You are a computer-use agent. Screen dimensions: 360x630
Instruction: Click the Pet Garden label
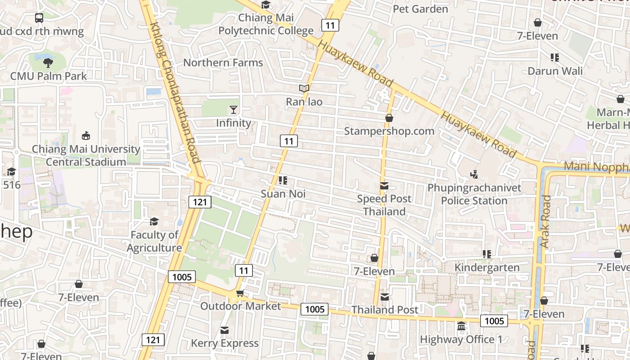(x=420, y=9)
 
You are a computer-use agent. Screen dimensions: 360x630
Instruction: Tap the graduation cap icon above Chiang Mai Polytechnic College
(x=266, y=5)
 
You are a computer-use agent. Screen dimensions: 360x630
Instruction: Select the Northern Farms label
(x=223, y=63)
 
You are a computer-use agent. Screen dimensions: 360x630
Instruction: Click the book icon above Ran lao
(x=304, y=88)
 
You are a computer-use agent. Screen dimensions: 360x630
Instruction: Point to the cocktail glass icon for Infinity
(x=234, y=109)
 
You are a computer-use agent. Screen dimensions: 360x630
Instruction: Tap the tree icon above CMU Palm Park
(x=48, y=63)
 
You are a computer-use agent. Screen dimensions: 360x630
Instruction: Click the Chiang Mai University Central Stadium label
(x=86, y=155)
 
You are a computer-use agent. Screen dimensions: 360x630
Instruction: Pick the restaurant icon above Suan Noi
(x=283, y=181)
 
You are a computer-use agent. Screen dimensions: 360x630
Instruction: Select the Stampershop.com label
(x=389, y=131)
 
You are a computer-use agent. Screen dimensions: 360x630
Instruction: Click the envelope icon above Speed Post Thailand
(x=384, y=185)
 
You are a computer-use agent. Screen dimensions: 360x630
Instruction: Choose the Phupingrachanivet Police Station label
(x=474, y=194)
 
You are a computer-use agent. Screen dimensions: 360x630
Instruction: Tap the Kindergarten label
(x=487, y=268)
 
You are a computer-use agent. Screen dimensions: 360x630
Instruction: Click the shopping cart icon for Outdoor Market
(x=240, y=293)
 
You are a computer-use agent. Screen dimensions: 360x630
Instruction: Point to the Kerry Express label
(x=225, y=343)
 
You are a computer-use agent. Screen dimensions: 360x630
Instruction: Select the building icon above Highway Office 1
(x=461, y=326)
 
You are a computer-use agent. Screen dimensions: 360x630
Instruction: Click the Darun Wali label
(x=555, y=71)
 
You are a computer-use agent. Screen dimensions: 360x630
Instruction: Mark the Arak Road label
(x=545, y=221)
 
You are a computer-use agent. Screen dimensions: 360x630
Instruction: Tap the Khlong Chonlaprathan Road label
(x=175, y=92)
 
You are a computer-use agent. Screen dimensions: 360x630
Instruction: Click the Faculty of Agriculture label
(x=154, y=241)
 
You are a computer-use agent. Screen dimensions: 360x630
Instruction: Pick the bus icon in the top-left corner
(x=39, y=18)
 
